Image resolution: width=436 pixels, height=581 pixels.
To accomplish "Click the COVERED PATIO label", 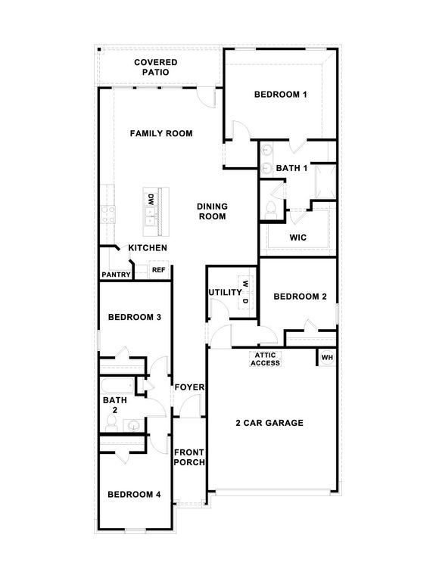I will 156,67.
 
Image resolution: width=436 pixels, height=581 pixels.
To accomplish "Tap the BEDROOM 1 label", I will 280,95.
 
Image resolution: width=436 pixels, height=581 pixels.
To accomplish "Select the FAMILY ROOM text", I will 160,133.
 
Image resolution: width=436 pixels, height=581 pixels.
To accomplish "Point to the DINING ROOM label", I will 213,211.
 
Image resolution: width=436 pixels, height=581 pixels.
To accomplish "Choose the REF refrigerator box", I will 159,269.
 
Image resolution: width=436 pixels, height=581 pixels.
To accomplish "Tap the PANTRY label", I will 116,275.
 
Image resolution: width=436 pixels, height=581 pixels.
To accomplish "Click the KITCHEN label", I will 148,248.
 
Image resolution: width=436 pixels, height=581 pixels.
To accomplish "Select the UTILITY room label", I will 225,292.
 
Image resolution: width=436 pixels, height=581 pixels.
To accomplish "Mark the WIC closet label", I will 298,237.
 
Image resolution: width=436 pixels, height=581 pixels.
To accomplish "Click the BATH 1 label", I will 291,168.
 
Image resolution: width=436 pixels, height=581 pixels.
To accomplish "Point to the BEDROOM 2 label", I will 300,297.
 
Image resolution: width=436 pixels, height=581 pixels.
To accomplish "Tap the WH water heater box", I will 327,357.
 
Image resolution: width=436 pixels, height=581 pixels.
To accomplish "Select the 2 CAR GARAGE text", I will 269,423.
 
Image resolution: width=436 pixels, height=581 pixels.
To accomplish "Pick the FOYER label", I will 189,387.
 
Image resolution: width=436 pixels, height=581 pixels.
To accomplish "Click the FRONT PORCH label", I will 189,457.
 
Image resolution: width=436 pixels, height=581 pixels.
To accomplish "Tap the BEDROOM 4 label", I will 134,495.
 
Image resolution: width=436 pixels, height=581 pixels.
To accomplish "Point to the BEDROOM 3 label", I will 134,317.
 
